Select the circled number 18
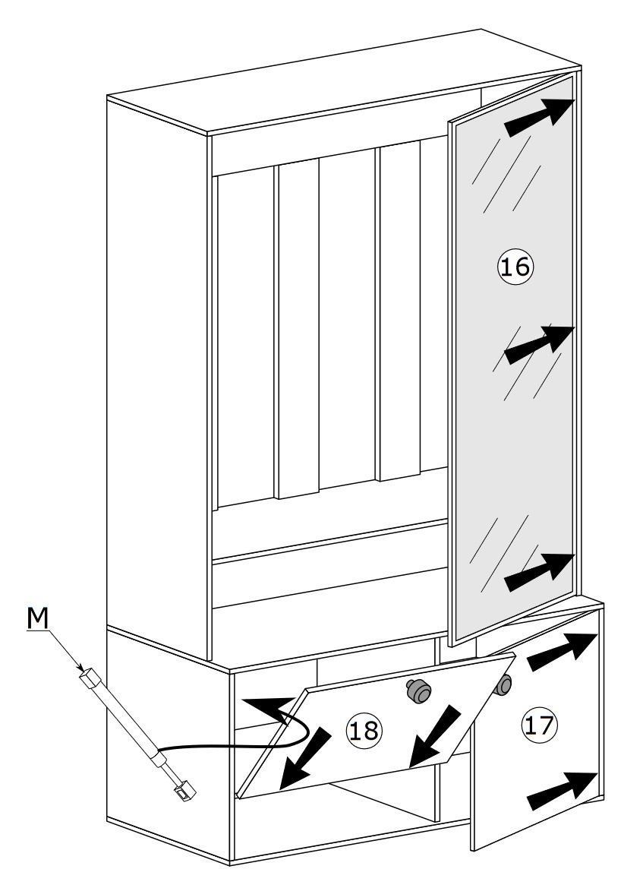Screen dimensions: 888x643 tap(363, 730)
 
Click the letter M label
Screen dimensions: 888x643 tap(37, 619)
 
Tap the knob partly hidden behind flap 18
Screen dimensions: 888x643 tap(503, 685)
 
